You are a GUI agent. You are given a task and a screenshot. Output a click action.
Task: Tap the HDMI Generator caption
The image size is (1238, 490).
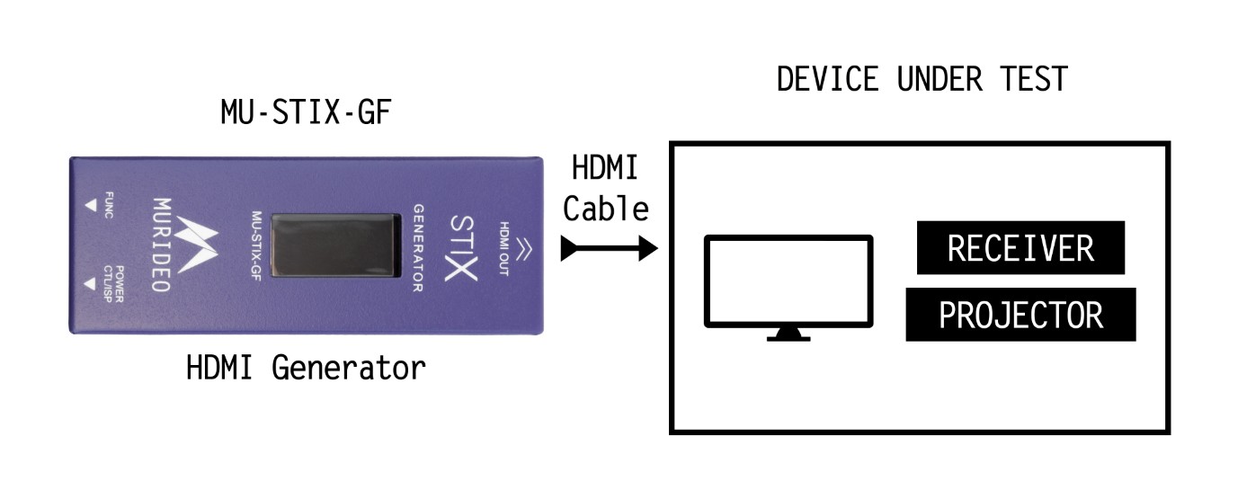306,368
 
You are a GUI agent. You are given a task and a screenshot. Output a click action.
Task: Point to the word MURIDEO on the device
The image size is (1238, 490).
159,245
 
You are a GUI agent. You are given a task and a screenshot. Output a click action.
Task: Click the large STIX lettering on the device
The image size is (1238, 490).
462,245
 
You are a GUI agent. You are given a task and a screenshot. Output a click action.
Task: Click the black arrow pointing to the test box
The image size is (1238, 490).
610,248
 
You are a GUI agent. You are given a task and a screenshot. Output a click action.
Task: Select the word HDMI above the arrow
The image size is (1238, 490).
605,169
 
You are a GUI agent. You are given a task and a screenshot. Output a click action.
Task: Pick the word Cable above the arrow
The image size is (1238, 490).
605,209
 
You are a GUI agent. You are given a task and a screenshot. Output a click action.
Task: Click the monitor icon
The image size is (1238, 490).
788,281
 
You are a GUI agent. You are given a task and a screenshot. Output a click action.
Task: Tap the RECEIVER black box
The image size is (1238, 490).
1020,247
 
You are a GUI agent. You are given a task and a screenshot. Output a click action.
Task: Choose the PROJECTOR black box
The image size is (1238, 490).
1020,315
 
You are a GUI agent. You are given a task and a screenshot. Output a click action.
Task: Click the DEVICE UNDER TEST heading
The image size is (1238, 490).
922,79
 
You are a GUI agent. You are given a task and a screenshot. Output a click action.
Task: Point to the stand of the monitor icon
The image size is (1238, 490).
788,334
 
